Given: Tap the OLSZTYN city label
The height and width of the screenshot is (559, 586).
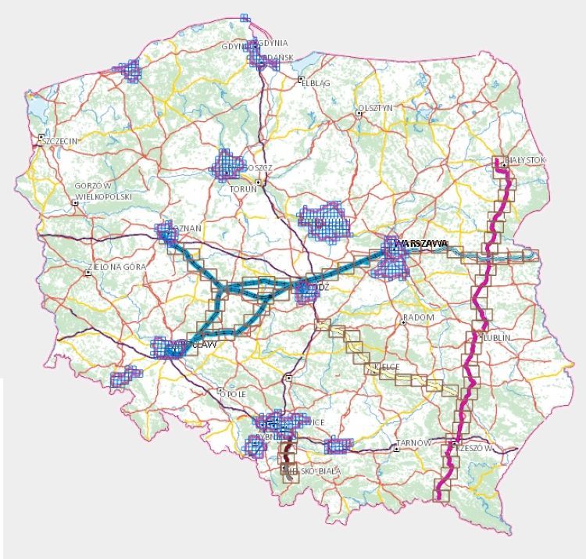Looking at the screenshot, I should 374,108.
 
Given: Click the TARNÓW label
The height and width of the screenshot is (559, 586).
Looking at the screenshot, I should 413,443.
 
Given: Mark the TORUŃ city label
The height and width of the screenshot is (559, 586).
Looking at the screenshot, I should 243,189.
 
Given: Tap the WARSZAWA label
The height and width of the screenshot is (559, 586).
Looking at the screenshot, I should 422,244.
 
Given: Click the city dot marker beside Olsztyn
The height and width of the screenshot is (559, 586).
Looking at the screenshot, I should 359,113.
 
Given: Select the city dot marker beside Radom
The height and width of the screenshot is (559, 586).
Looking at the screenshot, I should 403,319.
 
